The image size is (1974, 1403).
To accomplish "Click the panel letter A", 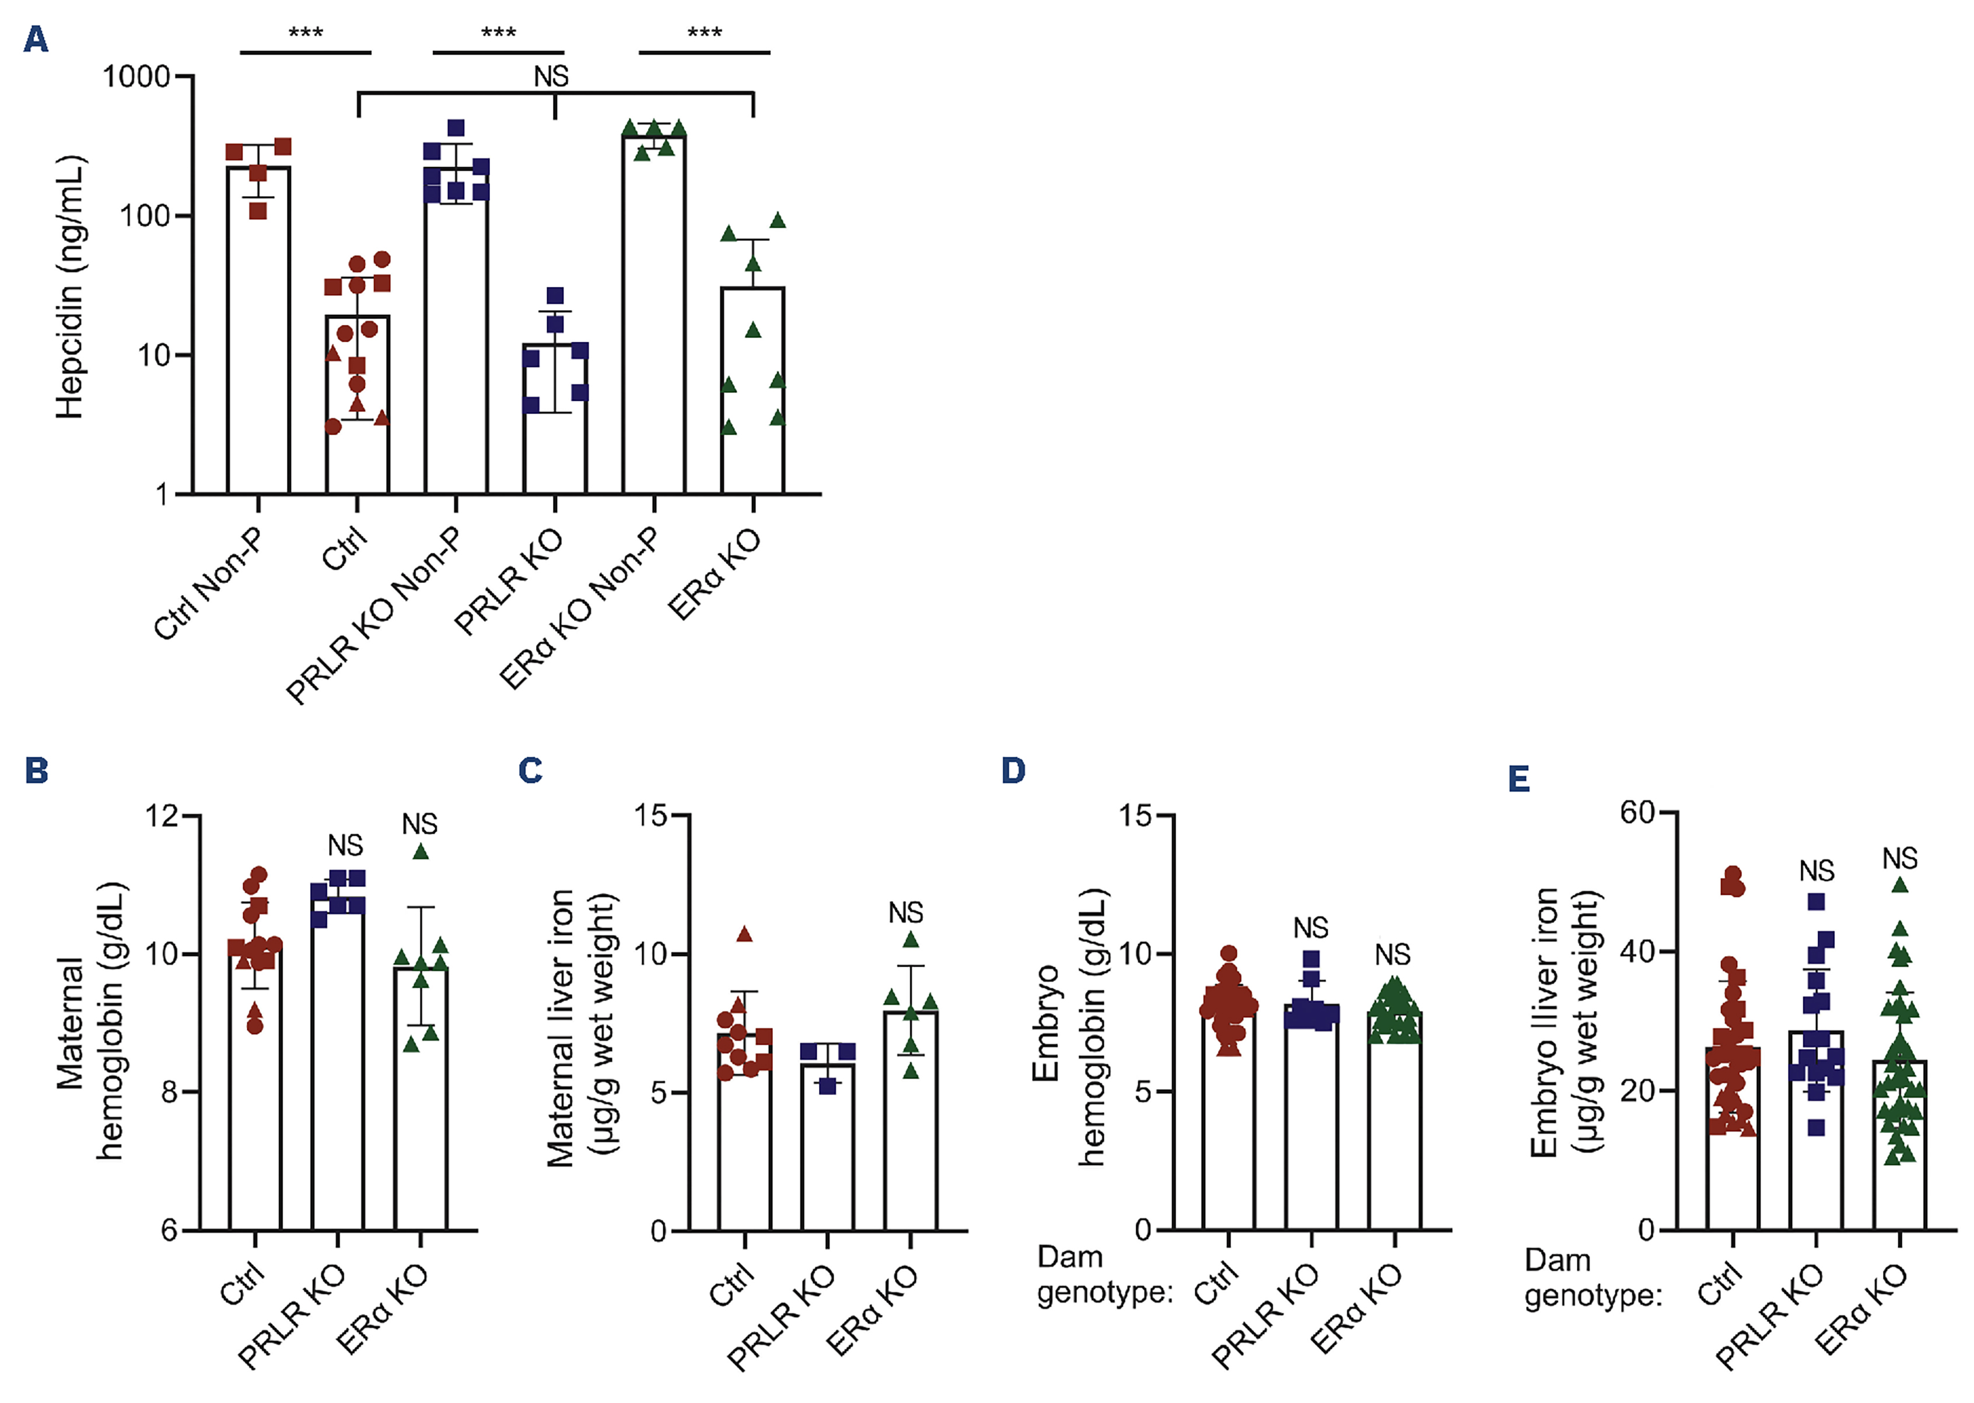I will point(36,39).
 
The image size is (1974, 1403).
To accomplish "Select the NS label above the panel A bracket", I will point(551,77).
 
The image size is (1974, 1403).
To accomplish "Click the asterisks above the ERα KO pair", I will point(704,34).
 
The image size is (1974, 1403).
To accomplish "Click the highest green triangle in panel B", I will point(421,852).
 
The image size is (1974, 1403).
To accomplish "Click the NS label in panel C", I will point(905,912).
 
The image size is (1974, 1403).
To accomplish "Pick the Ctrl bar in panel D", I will point(1227,1123).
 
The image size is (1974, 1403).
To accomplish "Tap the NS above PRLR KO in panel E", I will point(1816,871).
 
